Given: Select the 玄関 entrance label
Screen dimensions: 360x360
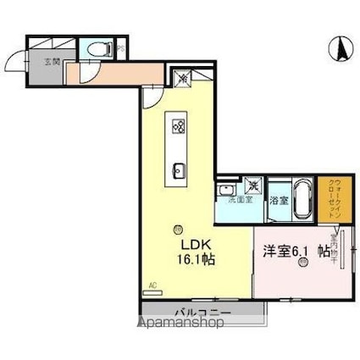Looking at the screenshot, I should (40, 62).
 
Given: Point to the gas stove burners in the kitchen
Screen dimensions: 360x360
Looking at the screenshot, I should (180, 127).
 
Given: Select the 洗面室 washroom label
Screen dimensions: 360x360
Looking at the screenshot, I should (227, 200).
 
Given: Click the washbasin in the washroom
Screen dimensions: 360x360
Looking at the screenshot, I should (224, 188).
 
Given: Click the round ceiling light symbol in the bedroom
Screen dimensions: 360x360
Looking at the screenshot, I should (303, 264).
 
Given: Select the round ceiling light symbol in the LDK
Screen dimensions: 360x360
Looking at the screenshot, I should (178, 227).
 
